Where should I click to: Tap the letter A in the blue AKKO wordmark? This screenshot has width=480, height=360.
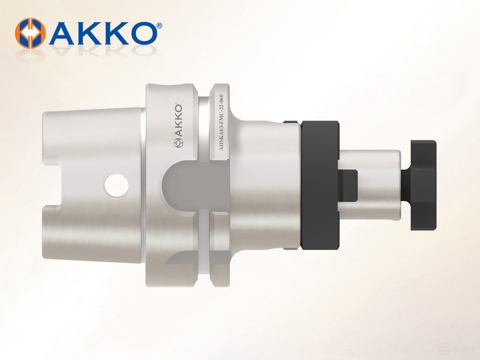pos(64,33)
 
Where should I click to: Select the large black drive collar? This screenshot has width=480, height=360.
pos(320,185)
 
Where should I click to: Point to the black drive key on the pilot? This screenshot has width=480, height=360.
pos(347,185)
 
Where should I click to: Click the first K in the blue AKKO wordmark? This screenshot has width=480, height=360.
pos(90,33)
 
